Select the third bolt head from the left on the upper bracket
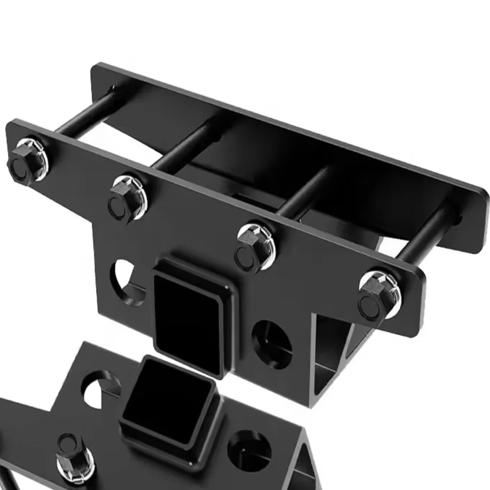253,246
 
